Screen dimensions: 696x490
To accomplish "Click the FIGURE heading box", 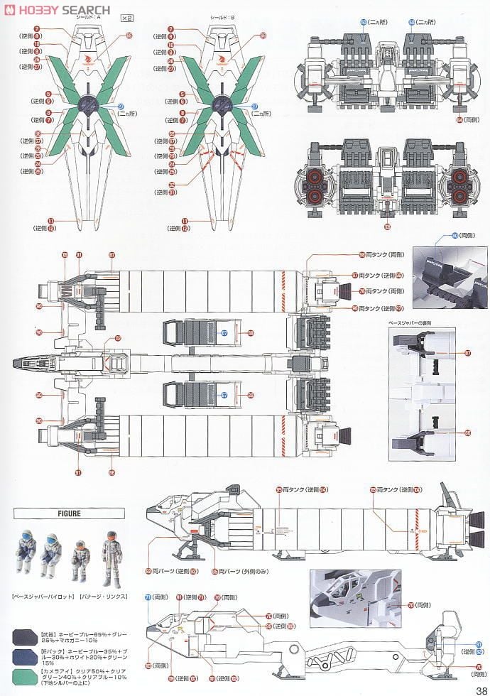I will click(68, 513).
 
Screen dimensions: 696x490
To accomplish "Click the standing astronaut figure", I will click(110, 558).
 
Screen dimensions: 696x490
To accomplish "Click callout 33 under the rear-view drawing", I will click(387, 227).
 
